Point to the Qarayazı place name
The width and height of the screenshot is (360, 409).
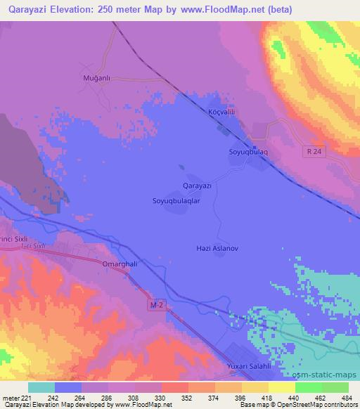click(197, 185)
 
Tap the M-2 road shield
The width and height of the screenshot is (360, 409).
click(159, 305)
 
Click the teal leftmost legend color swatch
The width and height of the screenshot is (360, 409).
click(41, 387)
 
